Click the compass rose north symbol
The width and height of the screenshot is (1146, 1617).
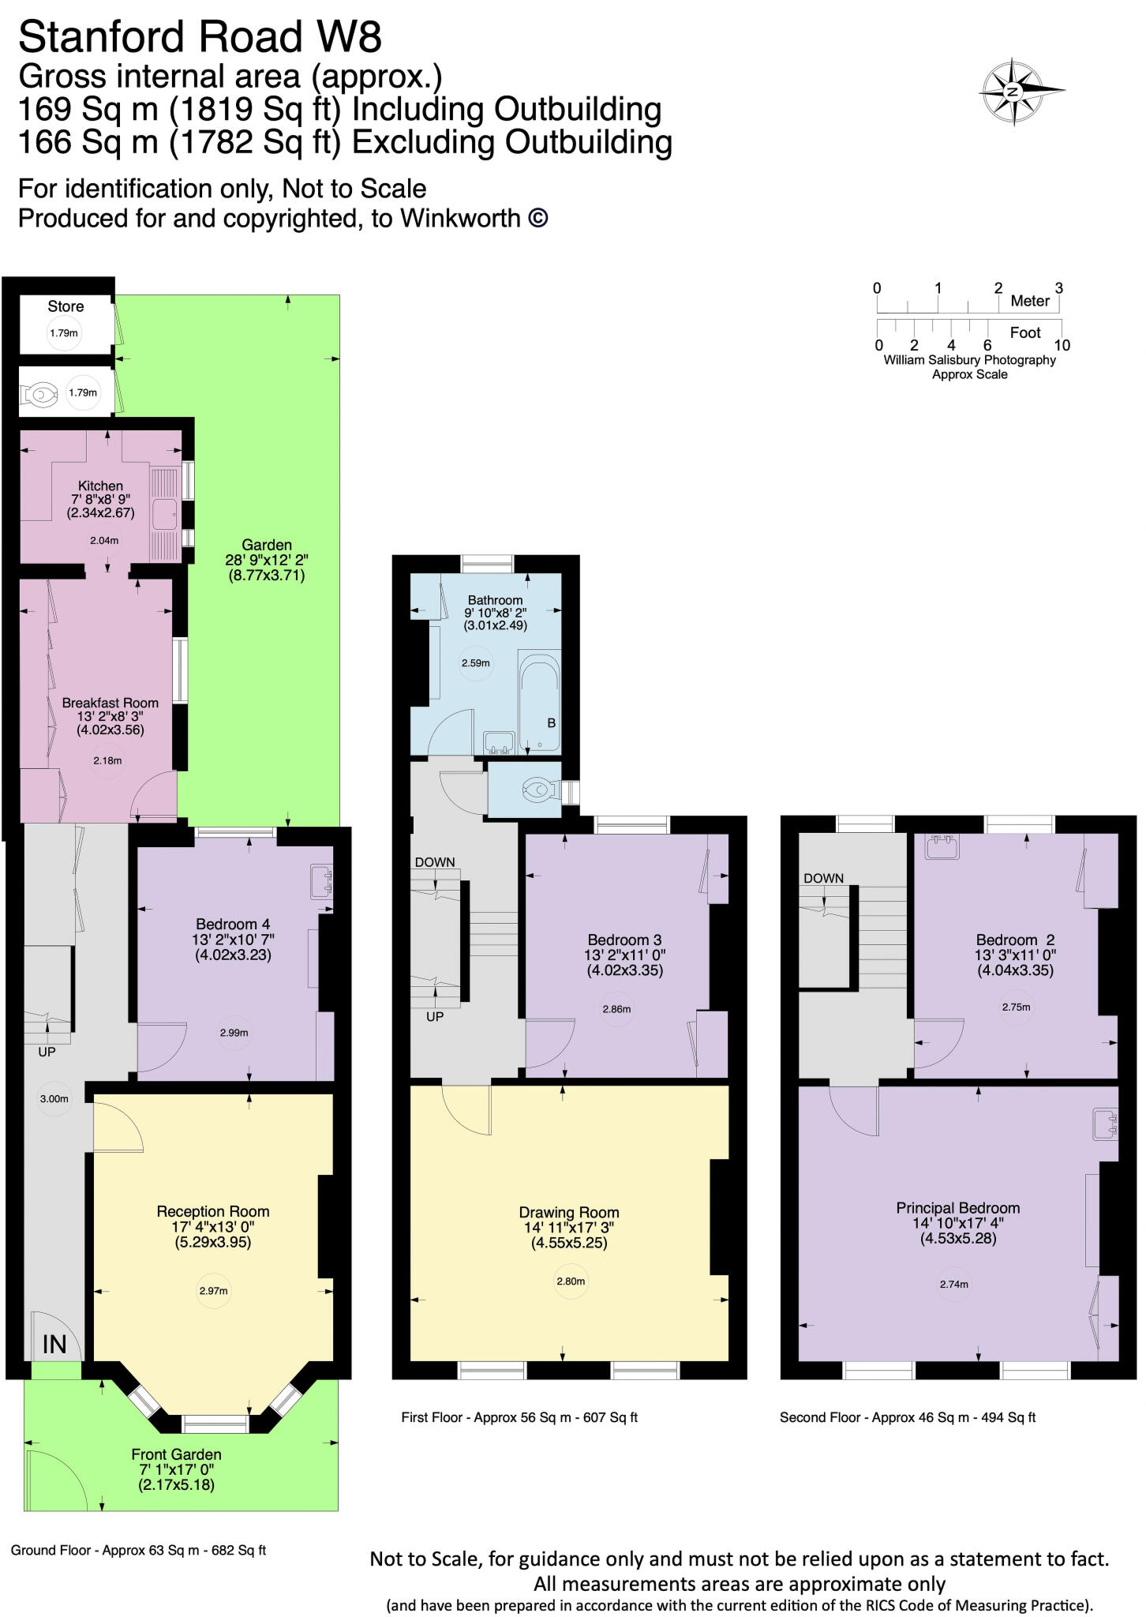tap(1013, 92)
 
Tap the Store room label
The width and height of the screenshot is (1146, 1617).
tap(66, 306)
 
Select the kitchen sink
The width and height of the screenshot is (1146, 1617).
tap(166, 512)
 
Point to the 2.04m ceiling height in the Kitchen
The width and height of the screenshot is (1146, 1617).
tap(104, 541)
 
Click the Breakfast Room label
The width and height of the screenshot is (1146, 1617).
tap(110, 703)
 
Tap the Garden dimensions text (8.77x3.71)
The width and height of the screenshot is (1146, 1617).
tap(267, 575)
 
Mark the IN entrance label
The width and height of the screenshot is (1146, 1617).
tap(54, 1344)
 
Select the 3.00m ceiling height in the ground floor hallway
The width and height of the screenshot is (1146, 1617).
tap(54, 1098)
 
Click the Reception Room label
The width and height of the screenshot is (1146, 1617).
tap(213, 1211)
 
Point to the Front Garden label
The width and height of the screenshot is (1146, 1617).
tap(176, 1454)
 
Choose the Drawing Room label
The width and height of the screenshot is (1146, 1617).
tap(568, 1212)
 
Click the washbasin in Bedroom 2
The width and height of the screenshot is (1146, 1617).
tap(940, 848)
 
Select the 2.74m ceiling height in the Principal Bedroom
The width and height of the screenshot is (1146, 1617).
tap(954, 1285)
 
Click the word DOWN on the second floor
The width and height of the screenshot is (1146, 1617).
tap(823, 878)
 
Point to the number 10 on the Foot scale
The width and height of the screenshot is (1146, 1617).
tap(1062, 345)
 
